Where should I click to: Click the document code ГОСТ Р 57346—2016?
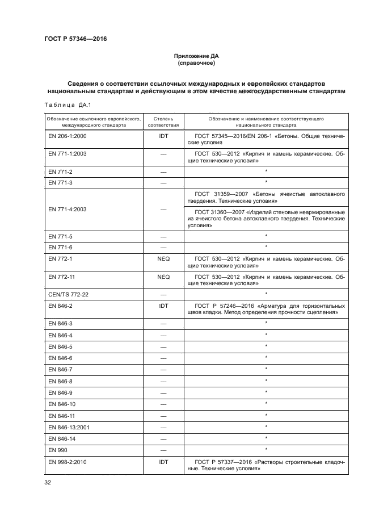click(76, 39)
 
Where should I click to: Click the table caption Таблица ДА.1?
click(64, 104)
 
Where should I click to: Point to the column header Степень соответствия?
click(163, 122)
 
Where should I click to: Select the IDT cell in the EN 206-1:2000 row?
click(163, 137)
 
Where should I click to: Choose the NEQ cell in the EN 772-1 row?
click(163, 258)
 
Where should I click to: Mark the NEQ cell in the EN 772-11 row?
click(163, 277)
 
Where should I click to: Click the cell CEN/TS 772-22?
click(70, 294)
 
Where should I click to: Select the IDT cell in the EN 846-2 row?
click(163, 305)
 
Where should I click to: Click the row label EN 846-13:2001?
click(70, 426)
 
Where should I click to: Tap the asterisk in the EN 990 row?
click(266, 449)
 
